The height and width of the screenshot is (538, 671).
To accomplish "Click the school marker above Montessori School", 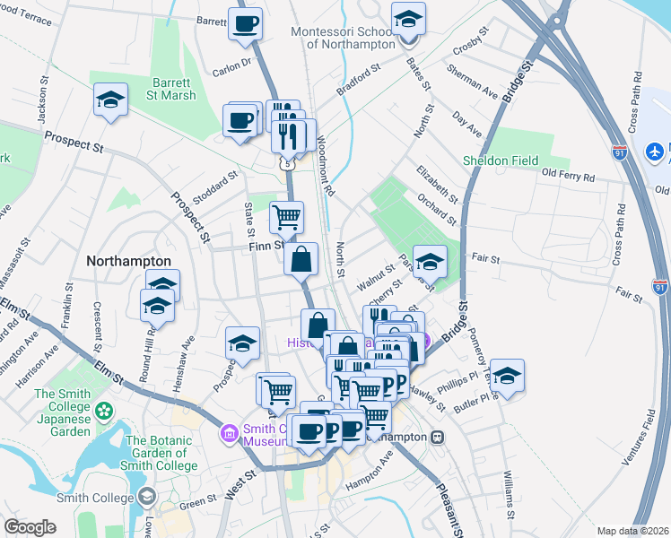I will (x=409, y=19).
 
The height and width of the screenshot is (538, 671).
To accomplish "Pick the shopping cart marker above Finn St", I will (x=286, y=216).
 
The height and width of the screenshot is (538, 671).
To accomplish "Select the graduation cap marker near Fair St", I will (x=430, y=261).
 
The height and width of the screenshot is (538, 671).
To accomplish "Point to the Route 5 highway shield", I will (x=286, y=164).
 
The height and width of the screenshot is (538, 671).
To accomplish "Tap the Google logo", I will (x=30, y=527).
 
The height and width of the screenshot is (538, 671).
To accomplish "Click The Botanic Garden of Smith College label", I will (x=161, y=453).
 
